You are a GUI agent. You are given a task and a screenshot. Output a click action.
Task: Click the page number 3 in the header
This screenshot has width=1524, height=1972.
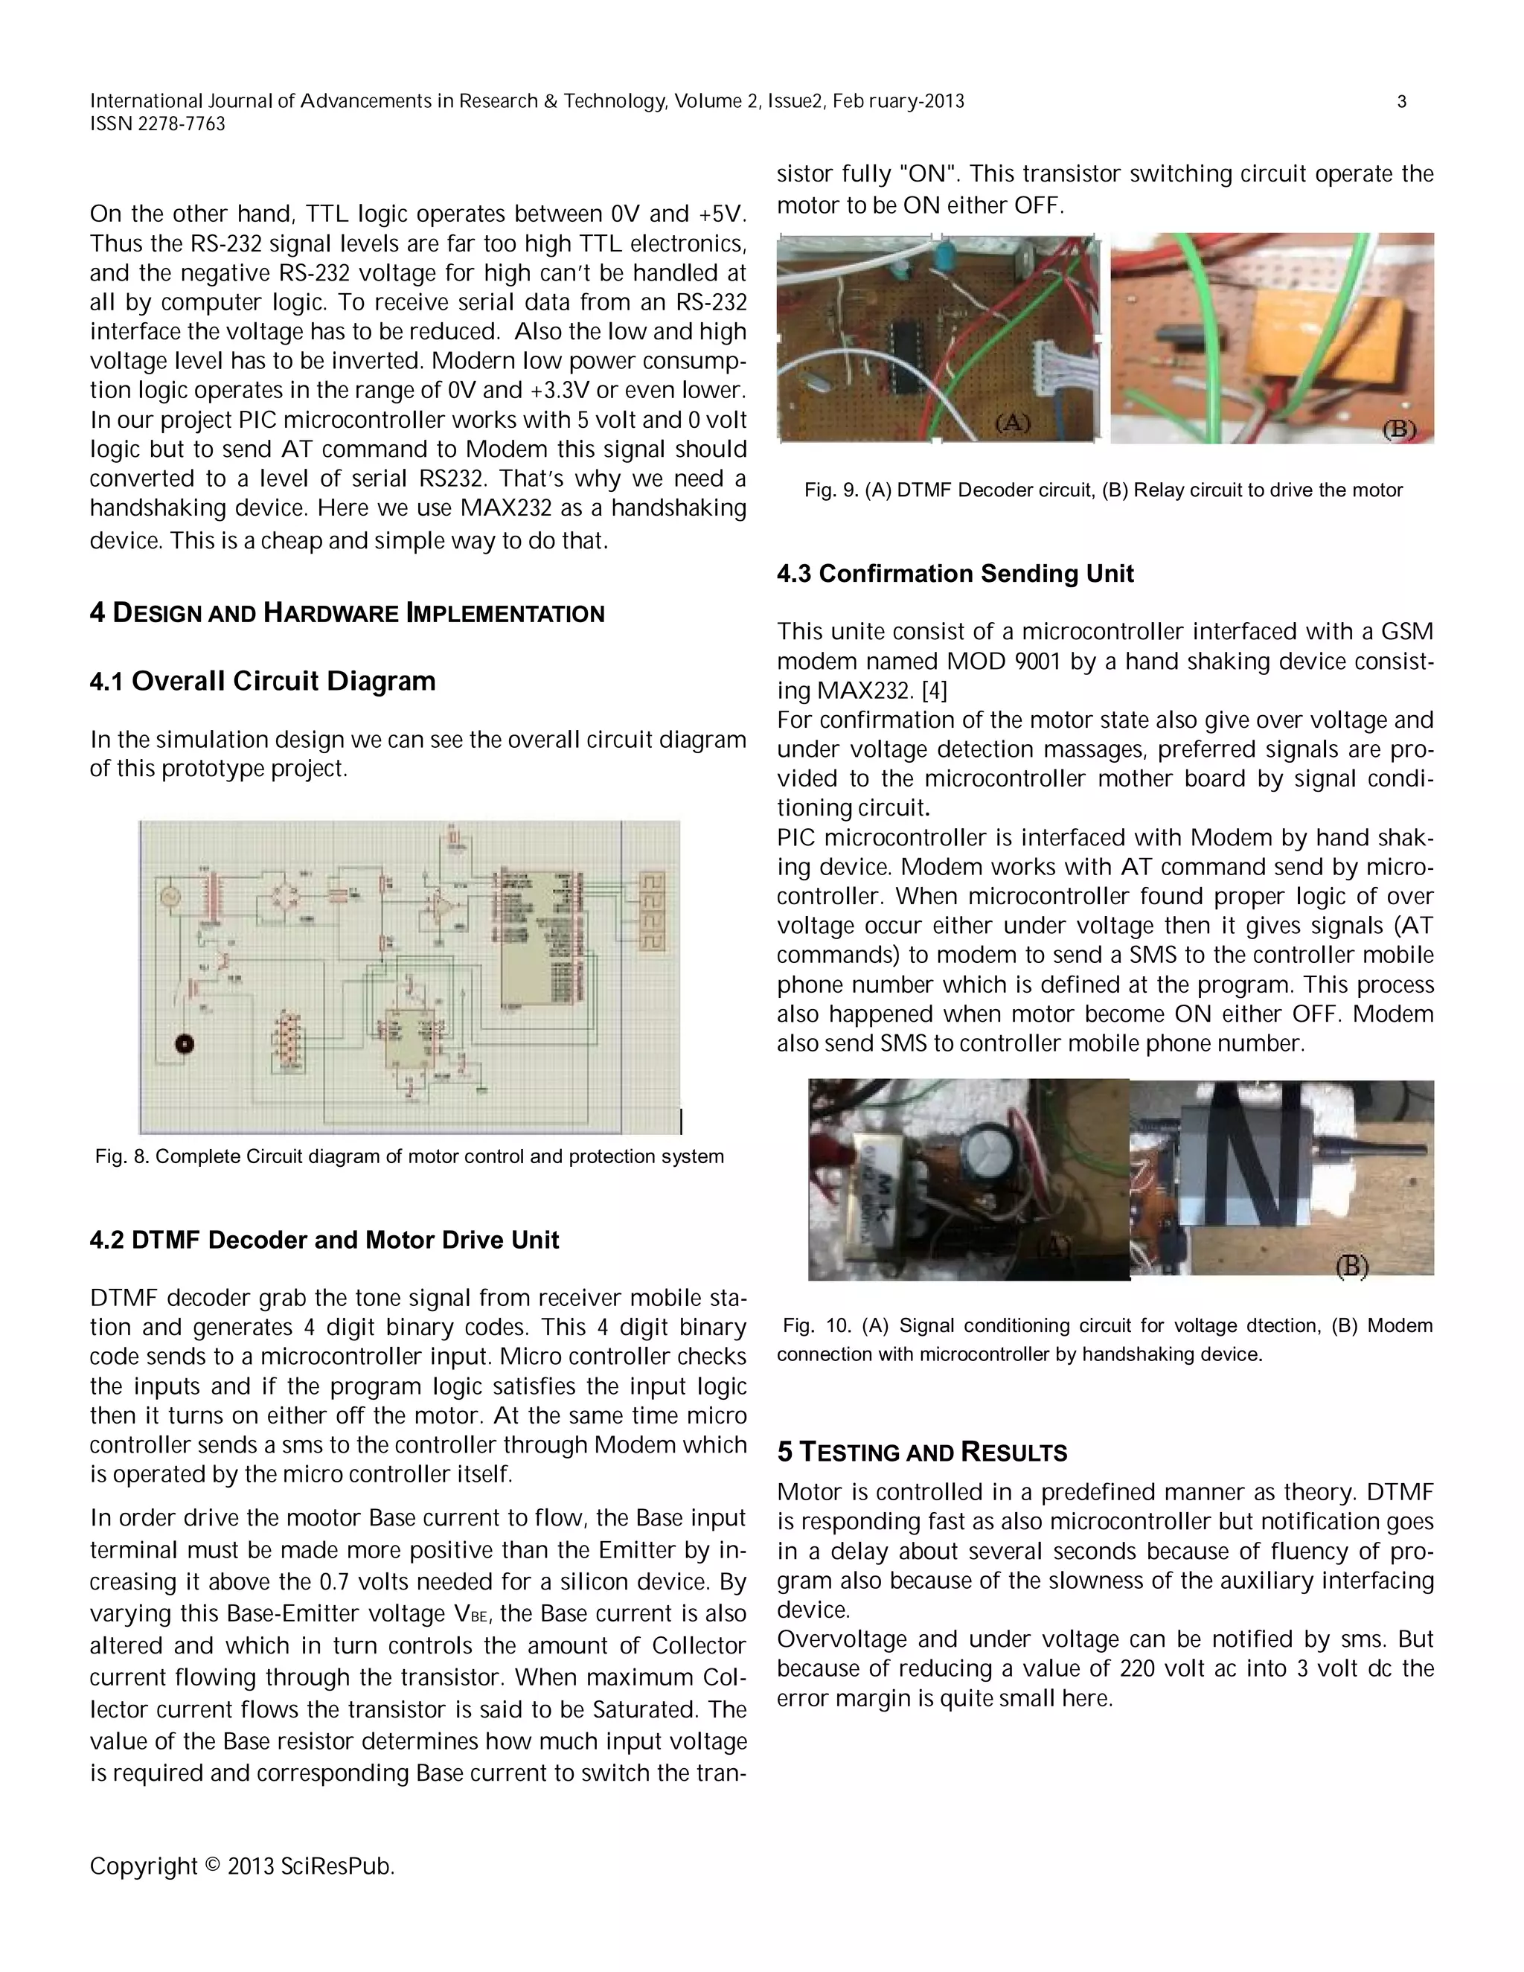[x=1401, y=102]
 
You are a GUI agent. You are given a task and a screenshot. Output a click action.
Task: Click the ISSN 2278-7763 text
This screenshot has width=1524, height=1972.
[x=157, y=124]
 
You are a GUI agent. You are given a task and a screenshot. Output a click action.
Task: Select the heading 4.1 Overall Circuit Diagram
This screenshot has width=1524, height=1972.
[x=262, y=681]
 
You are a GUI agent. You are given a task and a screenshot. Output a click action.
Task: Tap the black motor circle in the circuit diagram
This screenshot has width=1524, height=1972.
[x=185, y=1045]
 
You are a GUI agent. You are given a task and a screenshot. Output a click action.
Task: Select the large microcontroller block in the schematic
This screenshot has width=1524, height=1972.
[x=534, y=939]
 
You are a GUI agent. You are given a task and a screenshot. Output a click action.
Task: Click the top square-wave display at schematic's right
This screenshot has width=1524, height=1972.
[x=653, y=881]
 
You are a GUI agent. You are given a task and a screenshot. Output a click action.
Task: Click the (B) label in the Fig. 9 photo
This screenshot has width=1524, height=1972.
[x=1400, y=429]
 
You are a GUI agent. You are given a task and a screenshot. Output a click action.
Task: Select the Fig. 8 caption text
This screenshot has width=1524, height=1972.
[x=409, y=1156]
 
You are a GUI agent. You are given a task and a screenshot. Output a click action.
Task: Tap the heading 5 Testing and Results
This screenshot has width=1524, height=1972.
[x=922, y=1452]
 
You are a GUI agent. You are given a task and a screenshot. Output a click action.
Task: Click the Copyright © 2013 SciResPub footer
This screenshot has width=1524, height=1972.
[x=242, y=1866]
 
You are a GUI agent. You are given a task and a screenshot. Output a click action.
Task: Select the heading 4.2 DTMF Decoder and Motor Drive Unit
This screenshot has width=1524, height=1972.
[x=324, y=1240]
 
